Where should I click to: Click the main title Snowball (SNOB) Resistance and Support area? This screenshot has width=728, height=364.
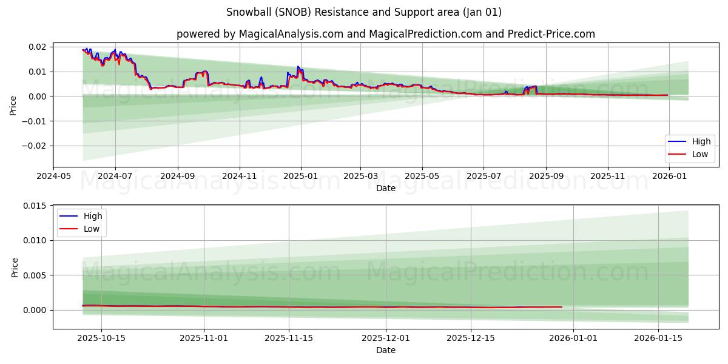pyautogui.click(x=364, y=12)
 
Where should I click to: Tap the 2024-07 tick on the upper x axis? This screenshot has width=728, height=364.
pyautogui.click(x=115, y=176)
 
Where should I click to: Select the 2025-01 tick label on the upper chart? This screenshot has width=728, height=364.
pyautogui.click(x=301, y=176)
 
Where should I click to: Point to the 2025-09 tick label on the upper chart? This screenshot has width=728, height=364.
pyautogui.click(x=546, y=176)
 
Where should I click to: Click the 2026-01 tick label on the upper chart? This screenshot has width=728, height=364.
pyautogui.click(x=670, y=176)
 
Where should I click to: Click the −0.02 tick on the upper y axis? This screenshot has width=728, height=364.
pyautogui.click(x=34, y=146)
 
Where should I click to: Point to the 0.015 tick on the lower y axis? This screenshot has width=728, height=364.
pyautogui.click(x=35, y=206)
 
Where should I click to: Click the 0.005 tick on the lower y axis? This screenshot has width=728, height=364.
pyautogui.click(x=35, y=275)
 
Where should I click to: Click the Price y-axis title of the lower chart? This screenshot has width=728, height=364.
pyautogui.click(x=15, y=268)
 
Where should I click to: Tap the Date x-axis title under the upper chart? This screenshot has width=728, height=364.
pyautogui.click(x=385, y=188)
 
